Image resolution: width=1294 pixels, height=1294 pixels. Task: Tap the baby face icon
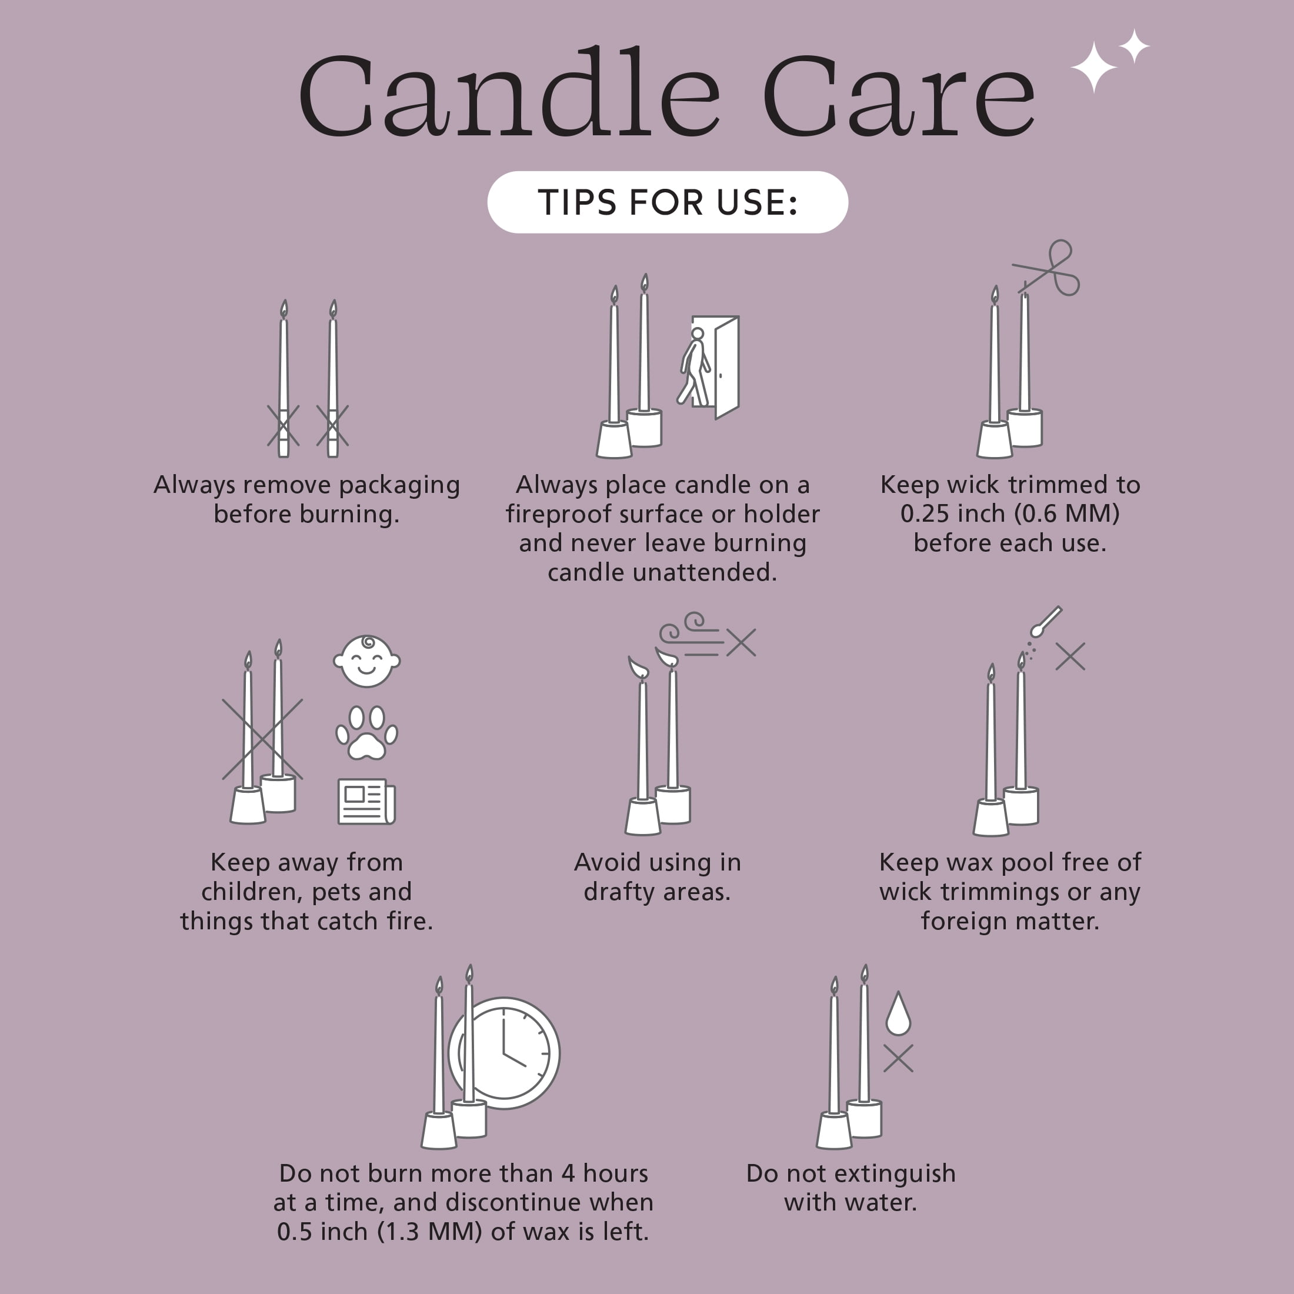366,661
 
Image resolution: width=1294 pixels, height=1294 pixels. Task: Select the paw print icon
366,733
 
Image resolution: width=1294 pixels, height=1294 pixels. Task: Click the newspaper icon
366,801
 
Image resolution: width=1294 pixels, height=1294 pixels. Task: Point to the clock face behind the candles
504,1053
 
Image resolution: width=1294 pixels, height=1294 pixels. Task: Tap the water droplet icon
898,1013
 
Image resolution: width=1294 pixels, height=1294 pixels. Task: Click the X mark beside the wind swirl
741,643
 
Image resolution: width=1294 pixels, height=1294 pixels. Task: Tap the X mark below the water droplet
898,1058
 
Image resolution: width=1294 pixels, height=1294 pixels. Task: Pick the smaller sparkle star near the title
1134,46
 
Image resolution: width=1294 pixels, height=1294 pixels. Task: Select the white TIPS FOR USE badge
668,202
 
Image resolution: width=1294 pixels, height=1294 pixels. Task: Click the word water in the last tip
885,1203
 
